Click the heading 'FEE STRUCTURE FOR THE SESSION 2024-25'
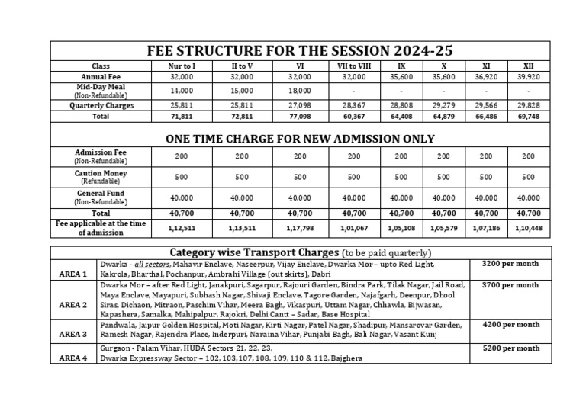click(x=300, y=51)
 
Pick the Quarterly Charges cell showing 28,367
click(x=354, y=105)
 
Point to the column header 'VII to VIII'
click(x=354, y=66)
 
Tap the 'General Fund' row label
click(x=101, y=197)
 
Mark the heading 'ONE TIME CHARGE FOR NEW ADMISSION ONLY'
click(x=300, y=138)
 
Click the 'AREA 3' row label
click(x=73, y=334)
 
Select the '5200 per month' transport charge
click(x=510, y=348)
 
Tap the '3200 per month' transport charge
click(x=510, y=264)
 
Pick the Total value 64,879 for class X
click(x=442, y=117)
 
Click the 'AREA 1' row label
click(x=73, y=273)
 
